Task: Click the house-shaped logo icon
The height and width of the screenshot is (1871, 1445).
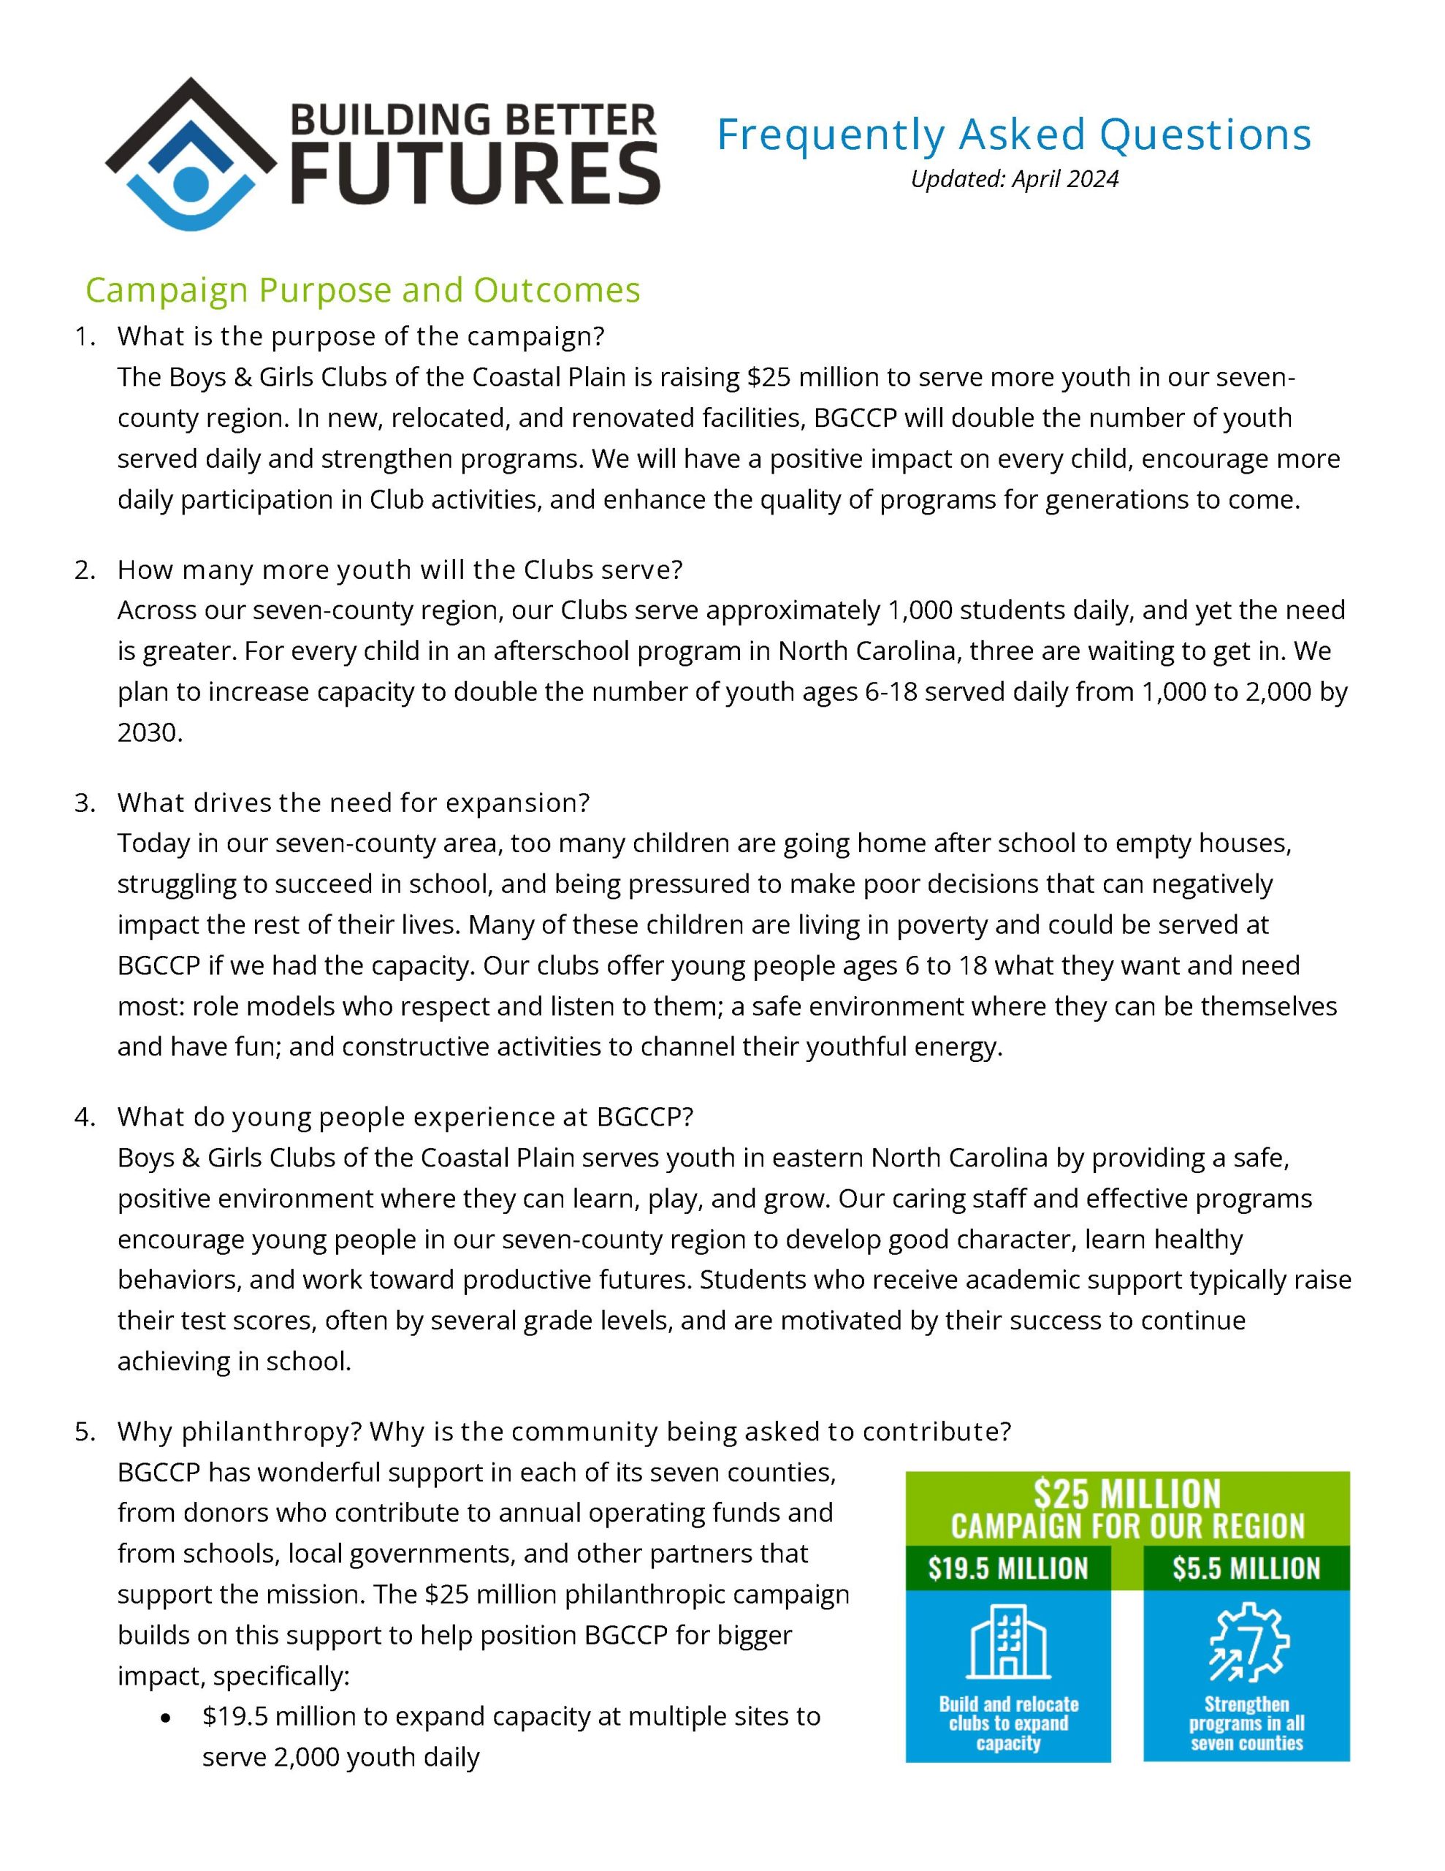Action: [x=191, y=154]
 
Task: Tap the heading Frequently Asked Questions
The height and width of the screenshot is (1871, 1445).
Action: [x=1013, y=134]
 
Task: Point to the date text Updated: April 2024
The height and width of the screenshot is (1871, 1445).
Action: [x=1014, y=179]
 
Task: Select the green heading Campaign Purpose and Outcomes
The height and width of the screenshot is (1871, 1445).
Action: [x=362, y=290]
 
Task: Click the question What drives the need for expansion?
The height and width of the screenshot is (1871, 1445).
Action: [x=354, y=802]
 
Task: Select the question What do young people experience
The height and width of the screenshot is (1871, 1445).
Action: [x=405, y=1116]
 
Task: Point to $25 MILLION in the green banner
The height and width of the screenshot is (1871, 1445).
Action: [x=1126, y=1495]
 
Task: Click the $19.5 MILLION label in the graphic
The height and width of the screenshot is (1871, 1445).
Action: [x=1008, y=1568]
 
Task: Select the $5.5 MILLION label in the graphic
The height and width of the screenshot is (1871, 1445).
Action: [x=1246, y=1568]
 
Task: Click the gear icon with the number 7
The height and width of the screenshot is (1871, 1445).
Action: [x=1248, y=1642]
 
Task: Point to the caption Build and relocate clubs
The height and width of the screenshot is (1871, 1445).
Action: [x=1008, y=1723]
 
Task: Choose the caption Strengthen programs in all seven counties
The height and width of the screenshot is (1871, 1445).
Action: [x=1246, y=1723]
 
